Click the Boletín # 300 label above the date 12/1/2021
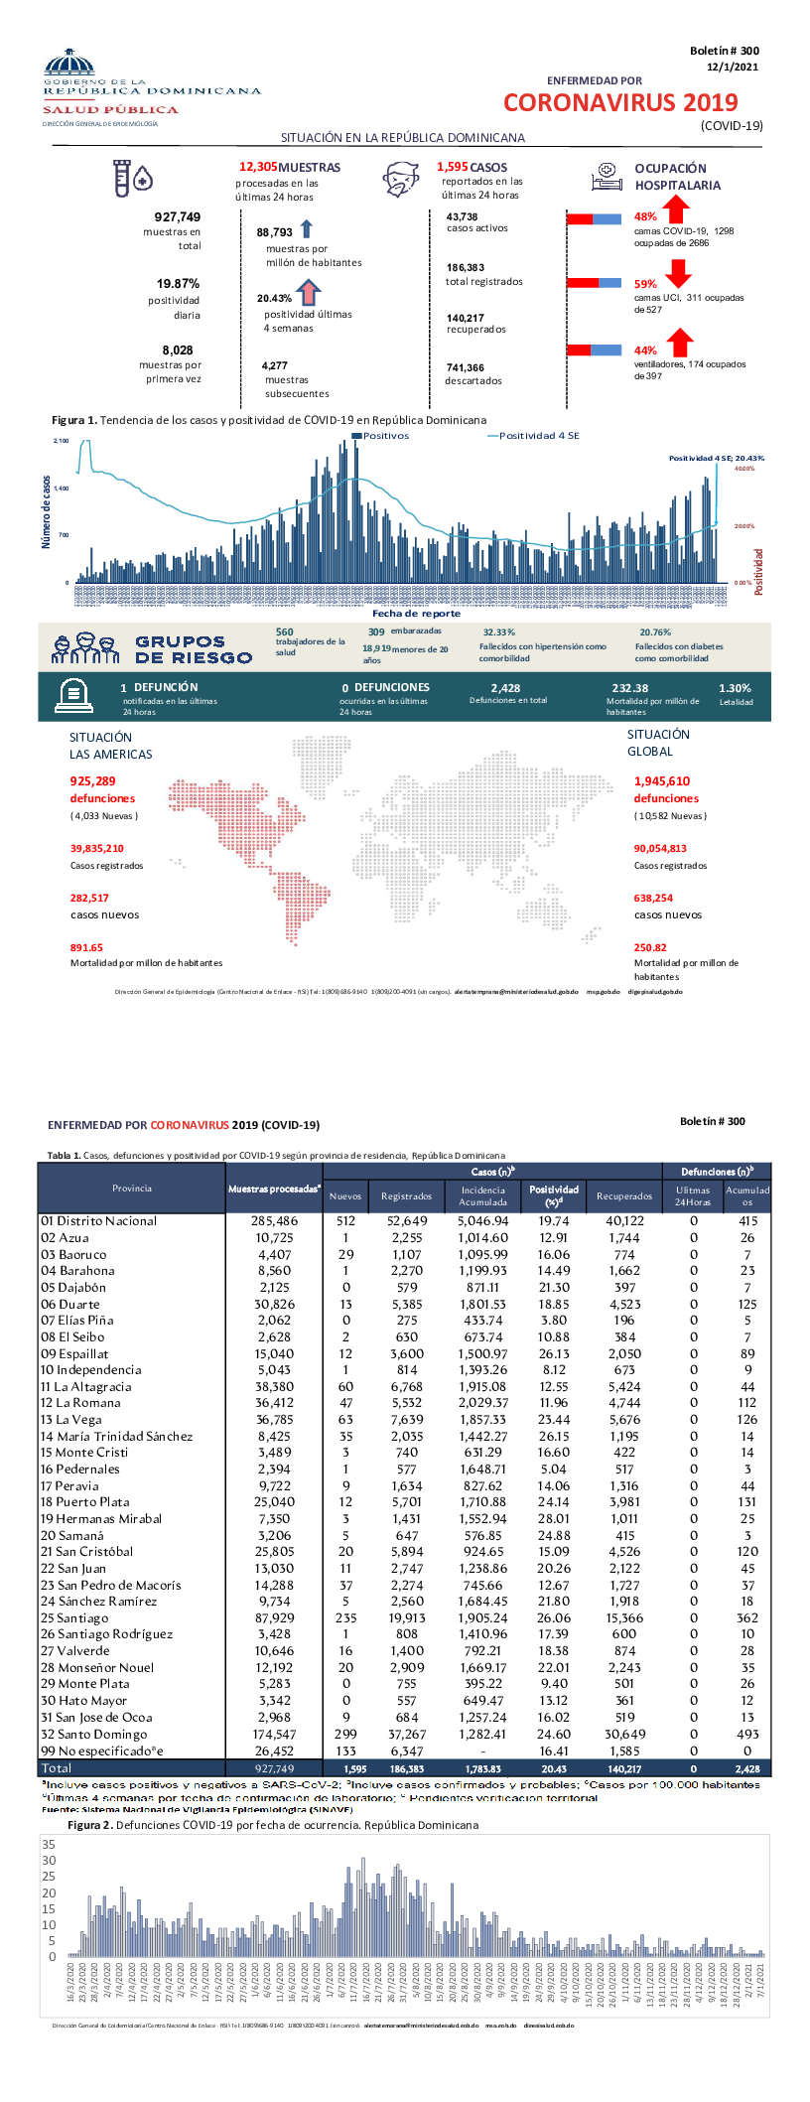[x=725, y=51]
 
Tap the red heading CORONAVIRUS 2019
[x=620, y=103]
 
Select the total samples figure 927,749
[x=178, y=216]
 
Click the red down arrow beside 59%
[x=679, y=272]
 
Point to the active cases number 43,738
[x=462, y=216]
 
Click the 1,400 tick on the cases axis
[x=62, y=489]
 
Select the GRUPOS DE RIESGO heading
[x=194, y=649]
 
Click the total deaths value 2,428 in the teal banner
[x=505, y=688]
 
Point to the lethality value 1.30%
[x=735, y=688]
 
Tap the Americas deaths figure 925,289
[x=93, y=781]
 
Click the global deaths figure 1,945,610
[x=662, y=781]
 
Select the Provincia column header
[x=132, y=1189]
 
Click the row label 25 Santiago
[x=74, y=1617]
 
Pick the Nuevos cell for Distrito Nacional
[x=345, y=1221]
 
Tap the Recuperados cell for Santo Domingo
[x=624, y=1734]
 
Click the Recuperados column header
[x=624, y=1196]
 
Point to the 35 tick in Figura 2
[x=49, y=1845]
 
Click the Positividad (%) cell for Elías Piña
[x=554, y=1321]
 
